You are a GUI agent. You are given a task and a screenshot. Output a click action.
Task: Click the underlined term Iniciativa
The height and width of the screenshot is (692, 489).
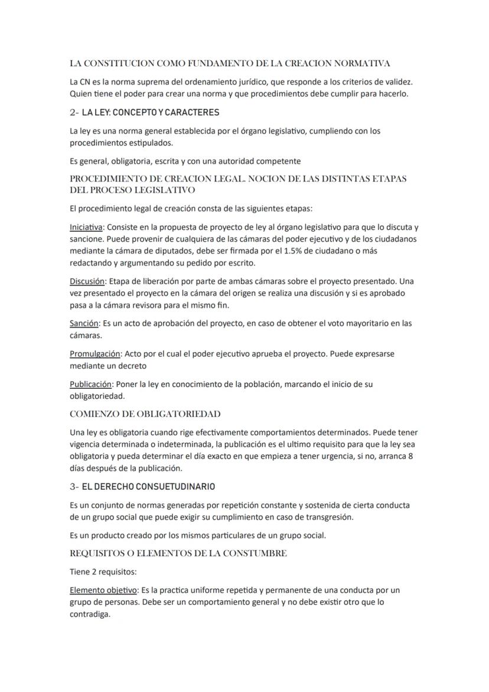pos(86,227)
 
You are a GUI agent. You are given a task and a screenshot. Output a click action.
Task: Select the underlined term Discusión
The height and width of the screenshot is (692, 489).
pos(87,281)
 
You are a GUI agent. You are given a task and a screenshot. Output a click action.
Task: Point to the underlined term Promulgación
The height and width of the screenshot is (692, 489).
pos(95,353)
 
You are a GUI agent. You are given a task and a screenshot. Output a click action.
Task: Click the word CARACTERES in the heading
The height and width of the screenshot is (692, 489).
pos(193,112)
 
